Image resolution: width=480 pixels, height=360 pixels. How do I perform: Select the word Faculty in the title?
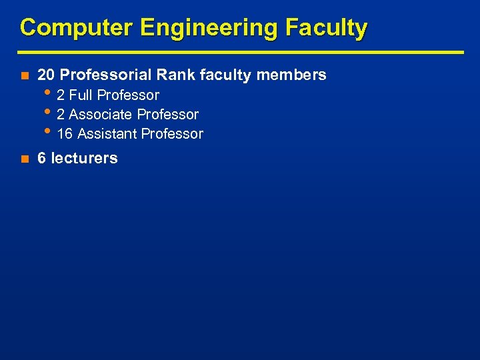(326, 28)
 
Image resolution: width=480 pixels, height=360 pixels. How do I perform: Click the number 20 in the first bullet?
(47, 75)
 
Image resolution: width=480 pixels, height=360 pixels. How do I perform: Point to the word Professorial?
(106, 75)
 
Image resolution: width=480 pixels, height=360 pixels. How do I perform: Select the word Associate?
(101, 115)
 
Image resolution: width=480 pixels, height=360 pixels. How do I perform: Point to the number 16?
(65, 134)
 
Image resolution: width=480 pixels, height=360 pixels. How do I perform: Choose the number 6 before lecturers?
(42, 159)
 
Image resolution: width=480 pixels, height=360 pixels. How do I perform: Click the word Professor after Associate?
(168, 115)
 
